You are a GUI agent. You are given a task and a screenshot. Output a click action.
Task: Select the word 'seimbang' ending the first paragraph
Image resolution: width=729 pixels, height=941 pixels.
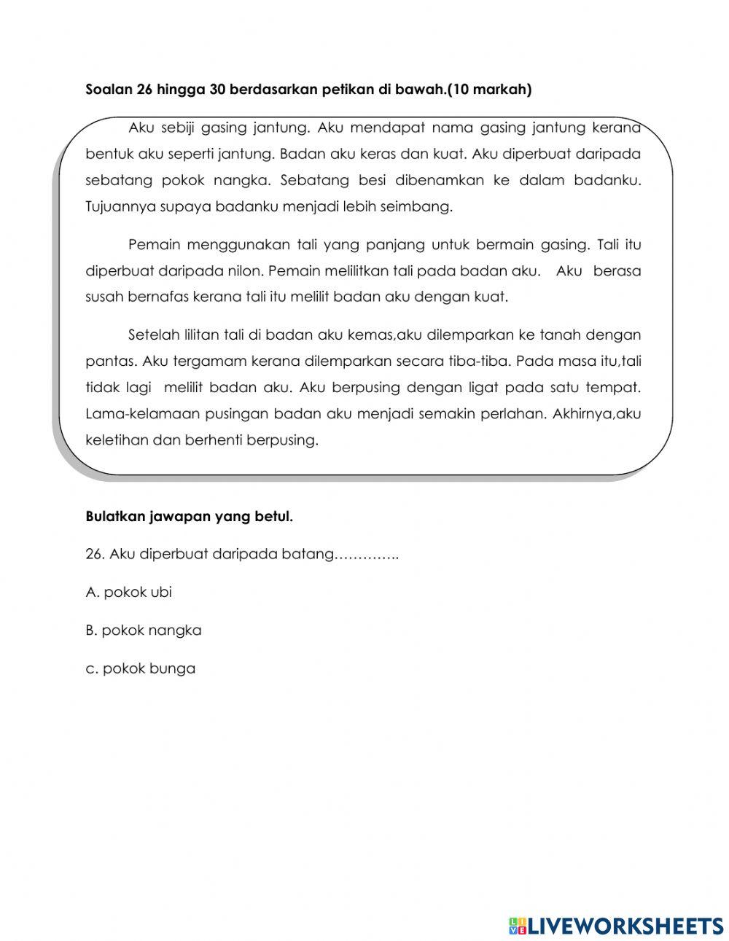[x=423, y=207]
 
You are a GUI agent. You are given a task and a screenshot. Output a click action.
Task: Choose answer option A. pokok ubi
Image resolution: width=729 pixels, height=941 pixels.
[x=129, y=593]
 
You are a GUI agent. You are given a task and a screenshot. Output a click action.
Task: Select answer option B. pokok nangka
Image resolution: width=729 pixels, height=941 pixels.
[x=144, y=630]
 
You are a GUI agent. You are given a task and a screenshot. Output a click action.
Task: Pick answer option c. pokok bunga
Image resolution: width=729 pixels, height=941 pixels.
[x=141, y=668]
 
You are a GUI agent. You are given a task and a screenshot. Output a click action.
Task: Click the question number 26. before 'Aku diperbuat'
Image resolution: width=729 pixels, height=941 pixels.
[x=95, y=555]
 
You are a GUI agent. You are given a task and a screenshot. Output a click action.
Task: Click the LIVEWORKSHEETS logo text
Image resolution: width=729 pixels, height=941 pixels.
[x=624, y=926]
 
